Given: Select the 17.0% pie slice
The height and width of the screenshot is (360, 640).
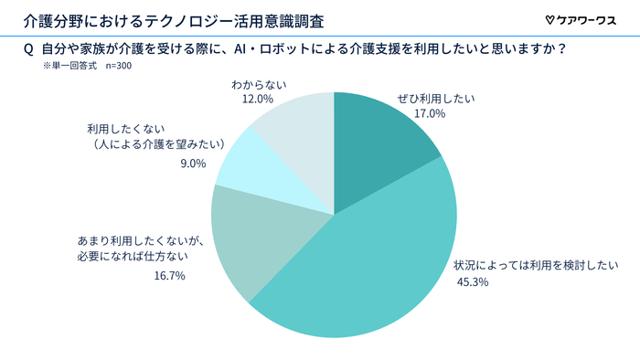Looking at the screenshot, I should click(x=379, y=137).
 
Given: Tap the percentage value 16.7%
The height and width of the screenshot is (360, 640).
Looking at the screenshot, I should click(x=169, y=275).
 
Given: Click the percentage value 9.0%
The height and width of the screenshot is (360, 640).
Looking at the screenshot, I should click(x=193, y=165).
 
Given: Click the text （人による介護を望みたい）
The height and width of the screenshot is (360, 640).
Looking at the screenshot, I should click(x=144, y=144).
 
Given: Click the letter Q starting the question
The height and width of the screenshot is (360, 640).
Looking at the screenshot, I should click(x=27, y=49).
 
